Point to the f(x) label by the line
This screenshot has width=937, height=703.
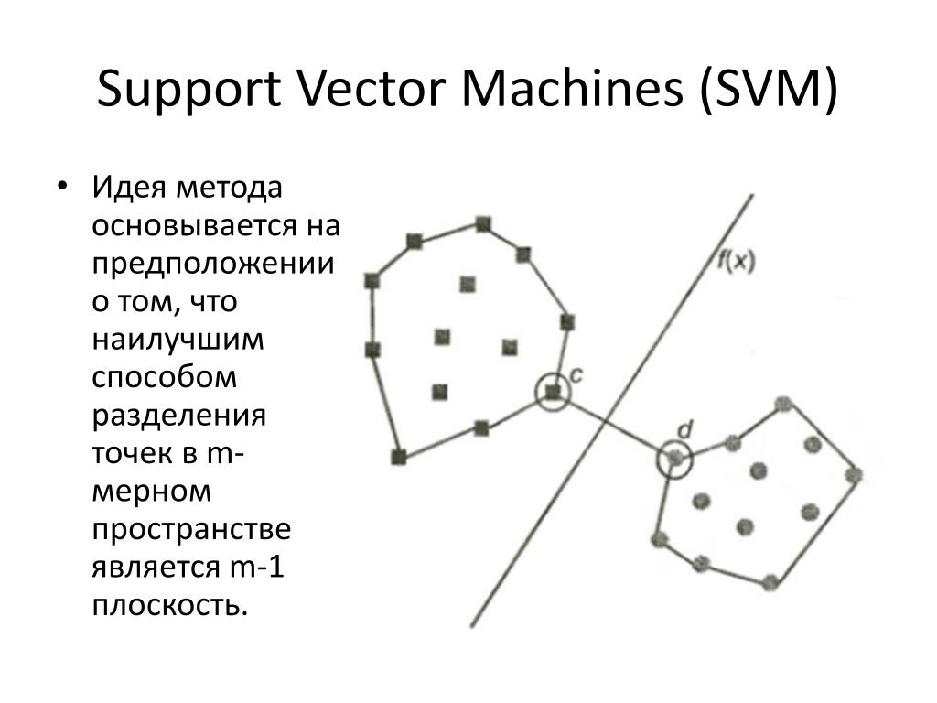tap(735, 263)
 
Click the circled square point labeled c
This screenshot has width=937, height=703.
tap(552, 392)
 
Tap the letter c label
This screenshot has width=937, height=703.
tap(576, 373)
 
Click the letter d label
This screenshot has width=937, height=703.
tap(684, 429)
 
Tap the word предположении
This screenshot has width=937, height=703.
tap(210, 263)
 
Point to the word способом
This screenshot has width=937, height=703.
tap(164, 377)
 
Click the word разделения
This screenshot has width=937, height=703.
tap(178, 416)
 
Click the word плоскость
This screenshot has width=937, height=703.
tap(168, 606)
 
